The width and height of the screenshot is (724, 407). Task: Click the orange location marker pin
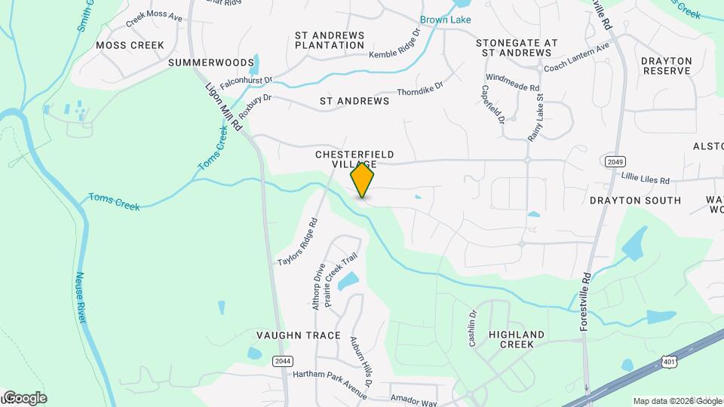pyautogui.click(x=363, y=180)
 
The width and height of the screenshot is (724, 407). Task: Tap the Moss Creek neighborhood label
pyautogui.click(x=130, y=45)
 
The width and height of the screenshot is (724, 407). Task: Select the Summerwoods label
pyautogui.click(x=201, y=62)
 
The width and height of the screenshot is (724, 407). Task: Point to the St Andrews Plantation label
pyautogui.click(x=330, y=40)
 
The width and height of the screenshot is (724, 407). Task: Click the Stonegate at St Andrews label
pyautogui.click(x=517, y=48)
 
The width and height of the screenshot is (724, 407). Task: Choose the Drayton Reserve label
pyautogui.click(x=667, y=66)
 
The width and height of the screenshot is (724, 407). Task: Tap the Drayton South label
pyautogui.click(x=635, y=200)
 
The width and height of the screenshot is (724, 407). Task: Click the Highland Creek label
pyautogui.click(x=517, y=339)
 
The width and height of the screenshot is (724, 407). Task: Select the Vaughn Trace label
pyautogui.click(x=299, y=335)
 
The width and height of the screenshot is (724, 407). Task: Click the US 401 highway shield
pyautogui.click(x=669, y=363)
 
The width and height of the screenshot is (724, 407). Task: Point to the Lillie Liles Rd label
pyautogui.click(x=646, y=181)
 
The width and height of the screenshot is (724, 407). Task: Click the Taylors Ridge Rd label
pyautogui.click(x=298, y=241)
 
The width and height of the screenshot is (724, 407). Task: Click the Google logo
pyautogui.click(x=24, y=397)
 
